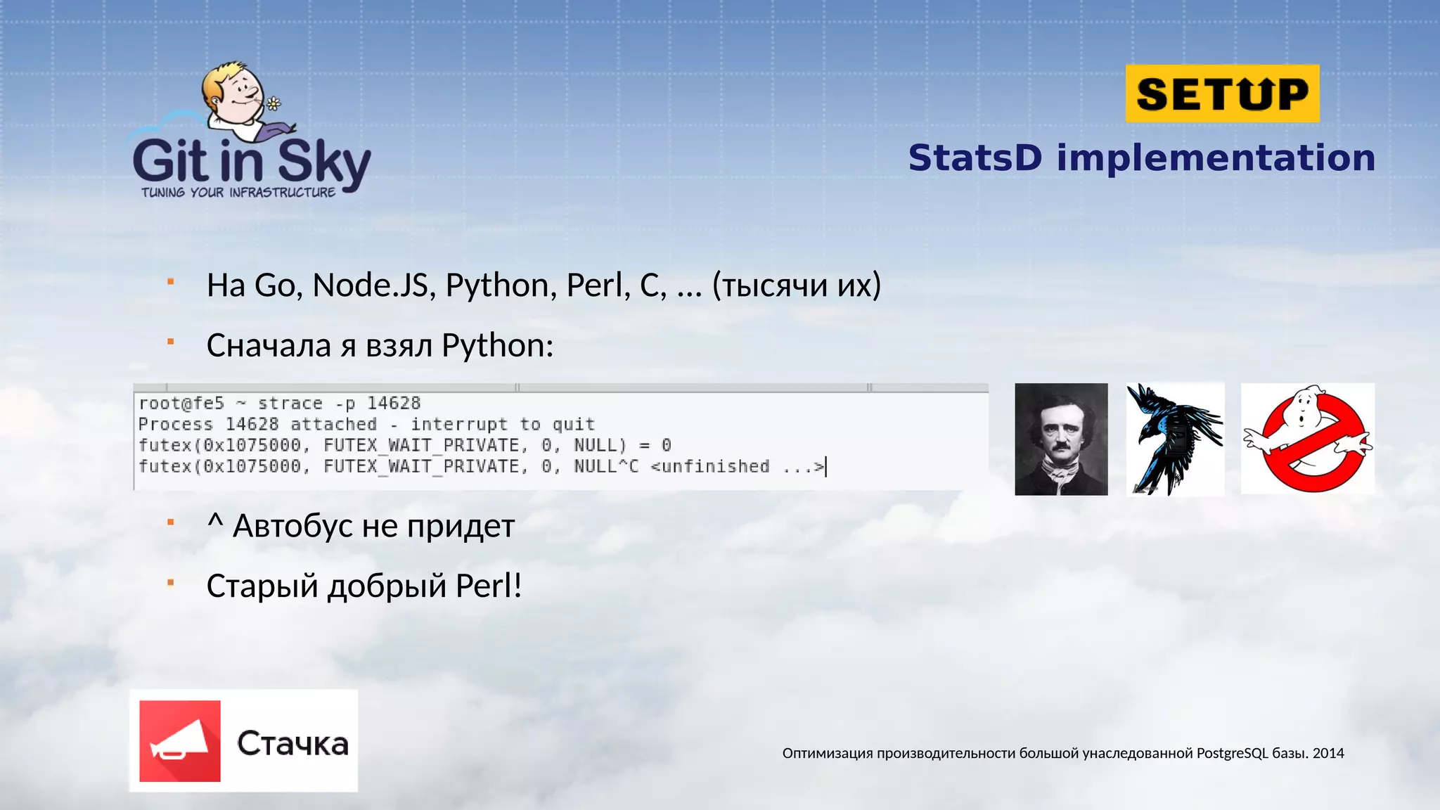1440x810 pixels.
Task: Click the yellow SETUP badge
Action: tap(1222, 94)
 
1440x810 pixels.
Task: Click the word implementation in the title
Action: tap(1216, 157)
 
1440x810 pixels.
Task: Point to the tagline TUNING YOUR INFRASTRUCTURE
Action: tap(238, 193)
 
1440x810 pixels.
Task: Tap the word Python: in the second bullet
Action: tap(497, 346)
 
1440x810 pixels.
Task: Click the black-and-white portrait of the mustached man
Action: tap(1061, 439)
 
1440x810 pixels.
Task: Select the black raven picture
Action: tap(1175, 439)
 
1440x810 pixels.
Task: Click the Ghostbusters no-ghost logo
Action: tap(1307, 439)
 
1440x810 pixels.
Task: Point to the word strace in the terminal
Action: tap(290, 404)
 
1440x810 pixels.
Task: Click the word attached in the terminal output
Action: tap(333, 425)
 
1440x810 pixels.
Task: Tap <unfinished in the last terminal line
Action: tap(710, 467)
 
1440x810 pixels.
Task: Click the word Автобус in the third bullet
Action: tap(293, 526)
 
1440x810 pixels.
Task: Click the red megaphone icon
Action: tap(180, 741)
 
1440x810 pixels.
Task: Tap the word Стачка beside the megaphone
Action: tap(292, 744)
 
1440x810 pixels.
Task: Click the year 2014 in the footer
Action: tap(1328, 753)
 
